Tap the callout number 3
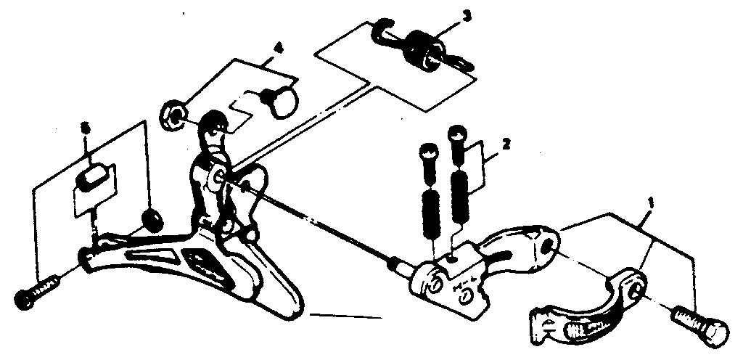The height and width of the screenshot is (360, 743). tap(466, 15)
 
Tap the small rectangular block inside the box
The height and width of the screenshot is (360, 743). tap(92, 177)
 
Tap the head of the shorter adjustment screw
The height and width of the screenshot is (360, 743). tap(427, 153)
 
